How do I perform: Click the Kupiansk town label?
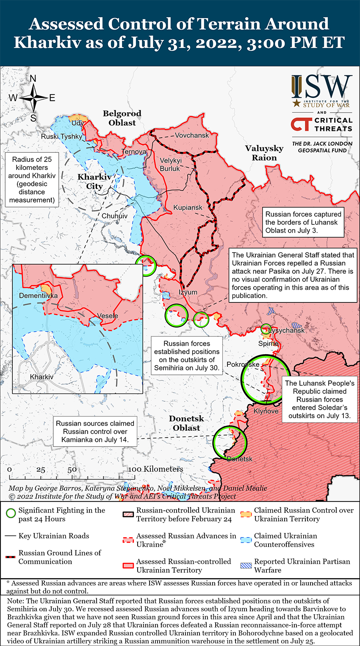[188, 208]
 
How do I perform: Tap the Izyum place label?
[188, 292]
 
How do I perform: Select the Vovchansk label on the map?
[192, 135]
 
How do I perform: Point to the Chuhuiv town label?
[114, 216]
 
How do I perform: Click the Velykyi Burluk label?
[170, 164]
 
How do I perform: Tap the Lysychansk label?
[287, 330]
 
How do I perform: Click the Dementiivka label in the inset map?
[38, 295]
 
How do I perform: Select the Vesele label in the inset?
[108, 316]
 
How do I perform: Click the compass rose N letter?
[33, 79]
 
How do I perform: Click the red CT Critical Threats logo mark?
[302, 124]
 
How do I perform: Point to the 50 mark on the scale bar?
[72, 469]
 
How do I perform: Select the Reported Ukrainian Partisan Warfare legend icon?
[246, 566]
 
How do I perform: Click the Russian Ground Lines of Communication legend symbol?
[11, 557]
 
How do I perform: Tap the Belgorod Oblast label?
[122, 118]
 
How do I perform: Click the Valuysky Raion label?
[264, 152]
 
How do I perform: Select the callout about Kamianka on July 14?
[95, 431]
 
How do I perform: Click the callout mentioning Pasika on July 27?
[293, 275]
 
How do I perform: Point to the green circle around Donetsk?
[230, 443]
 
